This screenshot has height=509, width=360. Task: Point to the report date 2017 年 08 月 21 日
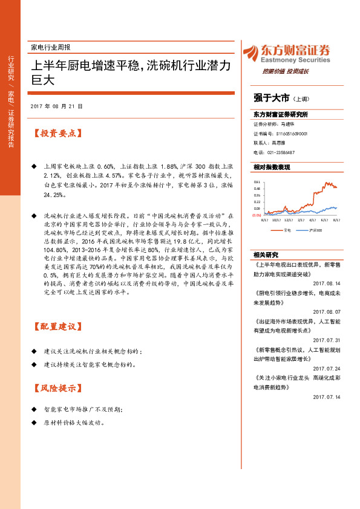pyautogui.click(x=56, y=106)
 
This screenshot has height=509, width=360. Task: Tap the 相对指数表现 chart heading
pyautogui.click(x=272, y=166)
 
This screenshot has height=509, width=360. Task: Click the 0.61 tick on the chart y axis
pyautogui.click(x=257, y=181)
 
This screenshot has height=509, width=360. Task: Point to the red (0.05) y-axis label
pyautogui.click(x=257, y=215)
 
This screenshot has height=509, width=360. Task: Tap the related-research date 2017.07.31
pyautogui.click(x=327, y=340)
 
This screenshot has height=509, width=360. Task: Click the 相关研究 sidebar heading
pyautogui.click(x=265, y=254)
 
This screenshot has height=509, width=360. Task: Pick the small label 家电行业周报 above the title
pyautogui.click(x=50, y=47)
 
